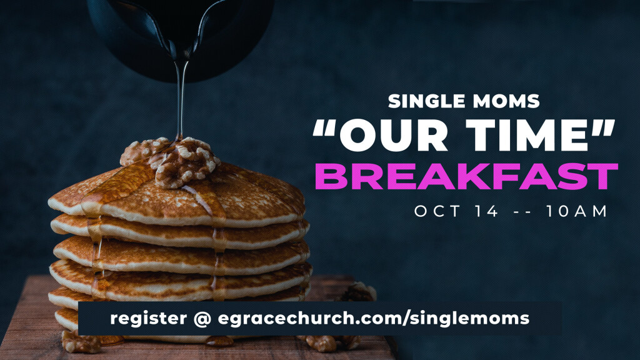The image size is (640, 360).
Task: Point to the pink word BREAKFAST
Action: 466,176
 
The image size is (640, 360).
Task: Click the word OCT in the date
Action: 437,211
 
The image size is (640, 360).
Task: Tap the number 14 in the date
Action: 487,211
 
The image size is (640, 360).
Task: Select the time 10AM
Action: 577,211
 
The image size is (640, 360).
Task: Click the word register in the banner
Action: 149,318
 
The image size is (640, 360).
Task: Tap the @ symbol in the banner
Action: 202,318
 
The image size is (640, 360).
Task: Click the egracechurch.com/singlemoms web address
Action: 374,318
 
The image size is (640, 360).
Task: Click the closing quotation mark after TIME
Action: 606,127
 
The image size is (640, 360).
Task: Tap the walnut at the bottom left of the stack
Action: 81,342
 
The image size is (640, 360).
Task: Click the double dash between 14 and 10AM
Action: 522,212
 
